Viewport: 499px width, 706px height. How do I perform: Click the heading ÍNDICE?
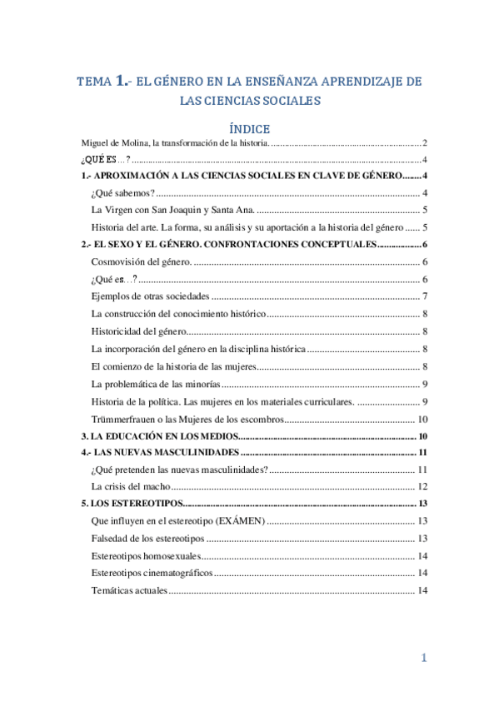[249, 129]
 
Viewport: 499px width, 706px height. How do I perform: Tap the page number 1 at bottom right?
[423, 659]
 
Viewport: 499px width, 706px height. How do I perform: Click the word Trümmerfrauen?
[122, 420]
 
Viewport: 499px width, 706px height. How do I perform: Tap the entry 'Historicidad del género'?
[140, 332]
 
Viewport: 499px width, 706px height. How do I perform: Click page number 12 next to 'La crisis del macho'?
[422, 487]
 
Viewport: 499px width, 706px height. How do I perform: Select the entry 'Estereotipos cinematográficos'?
[152, 573]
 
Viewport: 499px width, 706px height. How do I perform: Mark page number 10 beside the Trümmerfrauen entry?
[422, 420]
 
